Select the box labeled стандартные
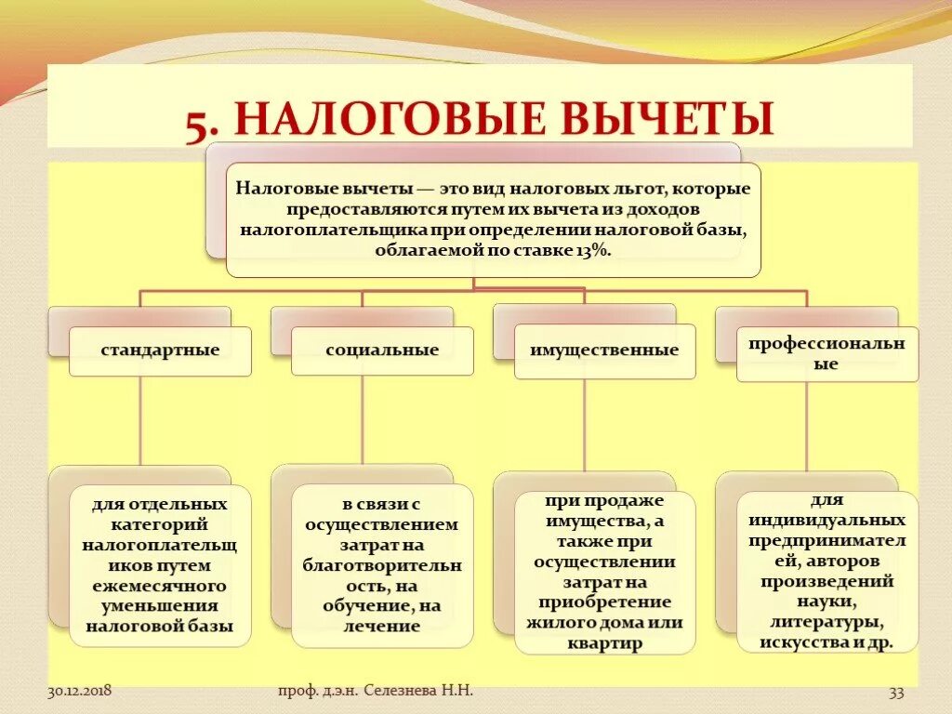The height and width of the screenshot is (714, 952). (160, 350)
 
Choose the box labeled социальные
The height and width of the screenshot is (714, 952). (382, 350)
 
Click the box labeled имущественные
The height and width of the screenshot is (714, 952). (604, 351)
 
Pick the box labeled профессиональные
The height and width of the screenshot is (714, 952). (826, 353)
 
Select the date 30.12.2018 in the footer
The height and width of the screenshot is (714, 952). (80, 691)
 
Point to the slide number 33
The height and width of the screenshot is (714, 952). (896, 692)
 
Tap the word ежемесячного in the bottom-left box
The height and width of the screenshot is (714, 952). (160, 586)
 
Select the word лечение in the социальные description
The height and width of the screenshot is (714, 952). (382, 627)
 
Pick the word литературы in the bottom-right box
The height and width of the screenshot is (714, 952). (826, 622)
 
